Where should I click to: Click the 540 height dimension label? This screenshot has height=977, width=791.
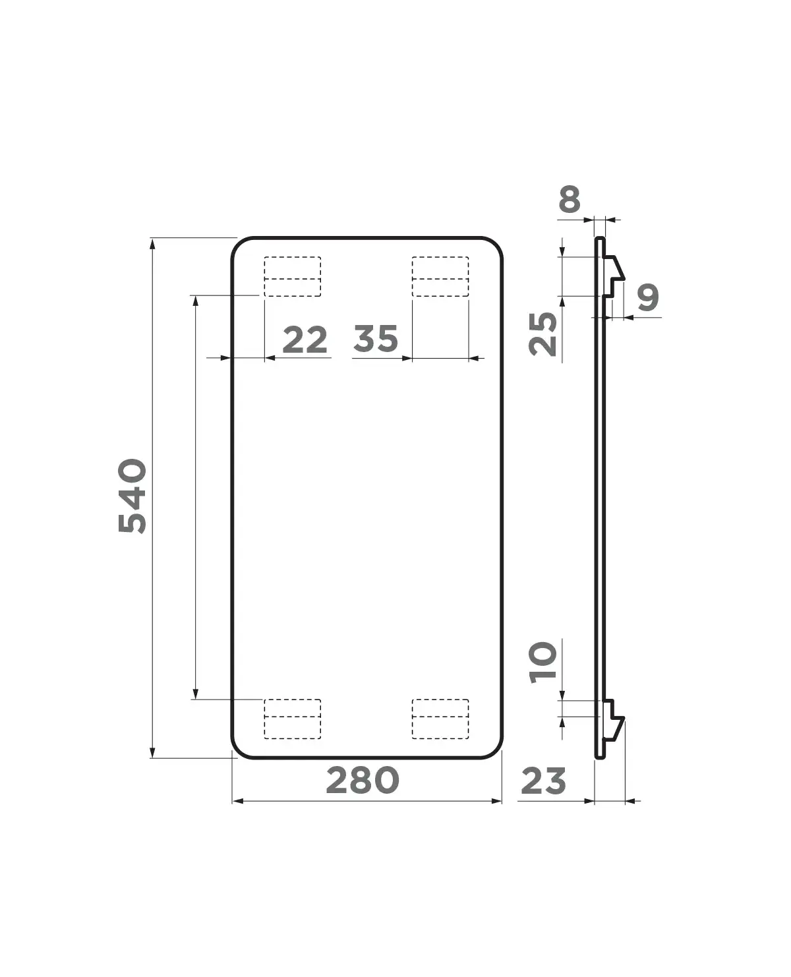[x=132, y=496]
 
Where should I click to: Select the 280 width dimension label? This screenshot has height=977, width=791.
[x=363, y=781]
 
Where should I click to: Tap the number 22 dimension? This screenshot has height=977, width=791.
[x=305, y=340]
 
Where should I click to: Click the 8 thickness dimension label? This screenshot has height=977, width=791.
[x=570, y=199]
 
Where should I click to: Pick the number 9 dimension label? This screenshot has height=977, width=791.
[x=648, y=297]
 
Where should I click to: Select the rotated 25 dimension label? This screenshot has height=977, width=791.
[x=543, y=334]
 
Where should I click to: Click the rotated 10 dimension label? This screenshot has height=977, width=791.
[x=543, y=663]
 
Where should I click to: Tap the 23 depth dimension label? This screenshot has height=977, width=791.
[x=543, y=781]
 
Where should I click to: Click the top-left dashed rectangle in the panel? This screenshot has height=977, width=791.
[x=293, y=277]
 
